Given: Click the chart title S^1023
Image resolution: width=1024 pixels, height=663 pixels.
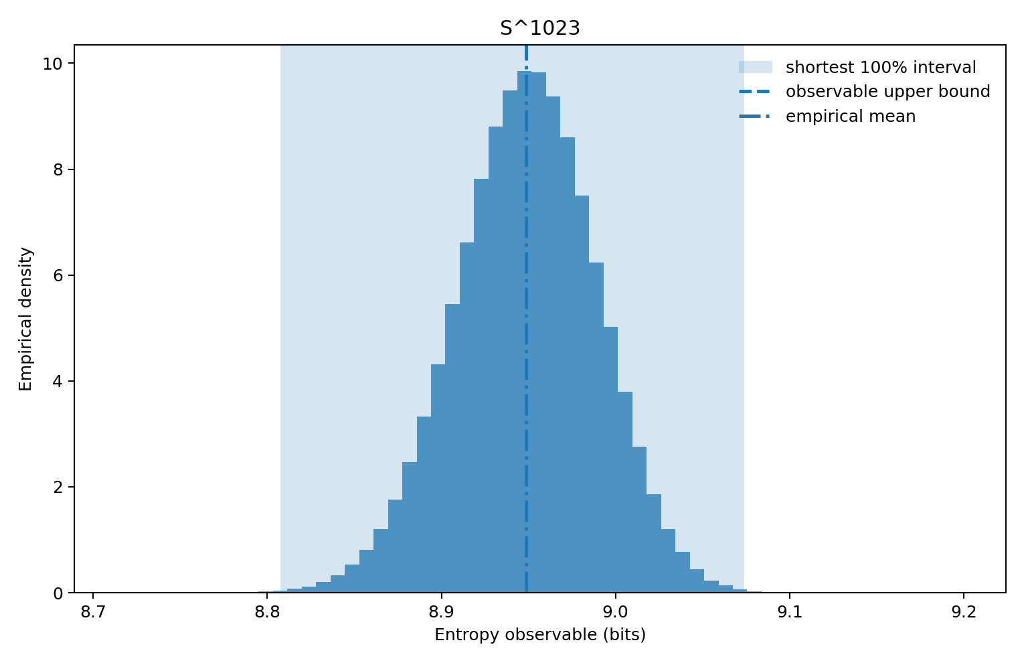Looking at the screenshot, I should pyautogui.click(x=539, y=28).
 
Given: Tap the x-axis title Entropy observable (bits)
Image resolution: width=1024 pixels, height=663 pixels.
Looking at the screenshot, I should pyautogui.click(x=540, y=635).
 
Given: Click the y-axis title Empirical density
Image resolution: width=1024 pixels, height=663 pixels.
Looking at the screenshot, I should pyautogui.click(x=25, y=319).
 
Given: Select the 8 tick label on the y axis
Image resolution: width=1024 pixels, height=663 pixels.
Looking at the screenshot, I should pyautogui.click(x=59, y=169).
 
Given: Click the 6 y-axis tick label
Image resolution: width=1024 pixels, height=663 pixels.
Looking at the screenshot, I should pyautogui.click(x=59, y=275).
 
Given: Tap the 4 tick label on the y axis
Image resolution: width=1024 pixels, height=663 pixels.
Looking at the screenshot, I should pyautogui.click(x=59, y=381).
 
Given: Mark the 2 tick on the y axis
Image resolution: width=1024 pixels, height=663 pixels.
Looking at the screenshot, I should pyautogui.click(x=59, y=487).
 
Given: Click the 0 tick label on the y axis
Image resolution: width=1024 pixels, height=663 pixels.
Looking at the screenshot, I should pyautogui.click(x=59, y=593).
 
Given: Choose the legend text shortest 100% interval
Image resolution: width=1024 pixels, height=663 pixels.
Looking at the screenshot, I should pyautogui.click(x=881, y=68).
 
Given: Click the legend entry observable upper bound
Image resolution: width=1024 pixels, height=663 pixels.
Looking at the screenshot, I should pyautogui.click(x=887, y=92).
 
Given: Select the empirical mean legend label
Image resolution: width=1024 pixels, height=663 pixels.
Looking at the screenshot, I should pyautogui.click(x=850, y=117).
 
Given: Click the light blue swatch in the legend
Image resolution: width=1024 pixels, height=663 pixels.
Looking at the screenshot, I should pyautogui.click(x=755, y=67).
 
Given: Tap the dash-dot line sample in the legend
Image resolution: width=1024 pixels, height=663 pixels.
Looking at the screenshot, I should pyautogui.click(x=755, y=117).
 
